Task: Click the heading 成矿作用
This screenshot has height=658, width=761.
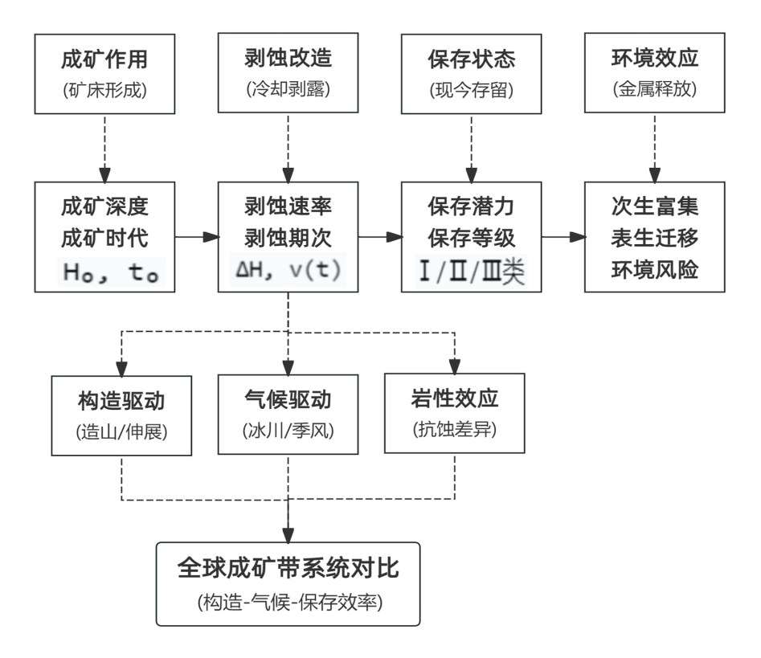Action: pos(104,59)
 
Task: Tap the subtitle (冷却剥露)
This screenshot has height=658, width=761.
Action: pos(288,89)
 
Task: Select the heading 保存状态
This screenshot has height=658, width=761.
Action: pos(471,59)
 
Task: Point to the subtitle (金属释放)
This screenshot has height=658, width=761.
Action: pos(655,89)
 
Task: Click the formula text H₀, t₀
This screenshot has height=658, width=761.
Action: pos(111,272)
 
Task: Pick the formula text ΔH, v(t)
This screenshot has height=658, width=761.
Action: pos(288,270)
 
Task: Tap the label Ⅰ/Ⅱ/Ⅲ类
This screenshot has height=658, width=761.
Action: pos(472,271)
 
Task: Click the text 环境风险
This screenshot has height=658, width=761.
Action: pos(655,270)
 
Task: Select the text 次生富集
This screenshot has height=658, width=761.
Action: pos(655,206)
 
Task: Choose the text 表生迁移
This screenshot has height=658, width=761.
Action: pos(655,238)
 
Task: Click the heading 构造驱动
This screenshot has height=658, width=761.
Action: pos(121,401)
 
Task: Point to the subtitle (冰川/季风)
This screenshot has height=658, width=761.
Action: pos(288,431)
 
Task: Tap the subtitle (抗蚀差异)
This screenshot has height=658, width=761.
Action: pos(455,429)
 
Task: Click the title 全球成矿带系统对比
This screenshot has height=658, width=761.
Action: pos(288,568)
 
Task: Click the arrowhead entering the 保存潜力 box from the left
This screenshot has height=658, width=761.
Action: pos(395,237)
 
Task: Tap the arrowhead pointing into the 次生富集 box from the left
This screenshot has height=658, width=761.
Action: pos(578,237)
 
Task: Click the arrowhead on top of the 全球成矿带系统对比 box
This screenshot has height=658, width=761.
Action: pos(288,535)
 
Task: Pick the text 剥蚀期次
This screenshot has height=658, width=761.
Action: pos(288,238)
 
